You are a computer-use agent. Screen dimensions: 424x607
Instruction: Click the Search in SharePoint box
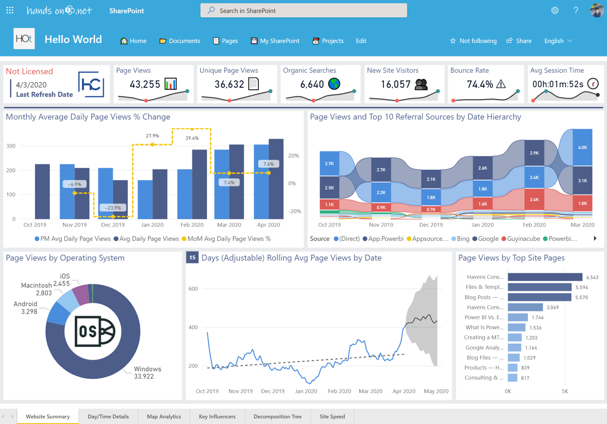(x=303, y=11)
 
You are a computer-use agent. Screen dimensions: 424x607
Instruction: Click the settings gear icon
(x=555, y=11)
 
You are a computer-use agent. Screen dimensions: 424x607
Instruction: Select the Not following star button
(x=473, y=41)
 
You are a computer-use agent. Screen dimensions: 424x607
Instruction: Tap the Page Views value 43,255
(x=145, y=84)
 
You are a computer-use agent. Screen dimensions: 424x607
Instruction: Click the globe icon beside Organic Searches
(x=334, y=84)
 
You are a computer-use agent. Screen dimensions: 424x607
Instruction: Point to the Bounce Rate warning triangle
(x=501, y=84)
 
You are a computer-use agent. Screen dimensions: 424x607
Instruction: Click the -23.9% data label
(x=113, y=208)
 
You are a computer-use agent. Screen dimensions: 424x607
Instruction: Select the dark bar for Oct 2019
(x=42, y=191)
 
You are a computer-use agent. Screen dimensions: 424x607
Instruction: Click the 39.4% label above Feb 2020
(x=192, y=138)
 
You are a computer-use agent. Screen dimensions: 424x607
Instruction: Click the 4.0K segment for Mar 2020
(x=582, y=147)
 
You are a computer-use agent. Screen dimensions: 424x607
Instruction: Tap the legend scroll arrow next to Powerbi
(x=595, y=238)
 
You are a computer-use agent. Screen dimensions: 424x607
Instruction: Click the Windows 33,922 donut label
(x=147, y=373)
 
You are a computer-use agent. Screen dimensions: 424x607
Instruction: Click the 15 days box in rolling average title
(x=192, y=257)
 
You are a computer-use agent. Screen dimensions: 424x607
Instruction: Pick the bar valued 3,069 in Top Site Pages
(x=525, y=307)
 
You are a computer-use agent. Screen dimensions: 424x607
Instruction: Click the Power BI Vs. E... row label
(x=484, y=317)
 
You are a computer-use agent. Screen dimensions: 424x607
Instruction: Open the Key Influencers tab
(x=217, y=416)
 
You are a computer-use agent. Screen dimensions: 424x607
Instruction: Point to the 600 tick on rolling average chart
(x=193, y=289)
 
